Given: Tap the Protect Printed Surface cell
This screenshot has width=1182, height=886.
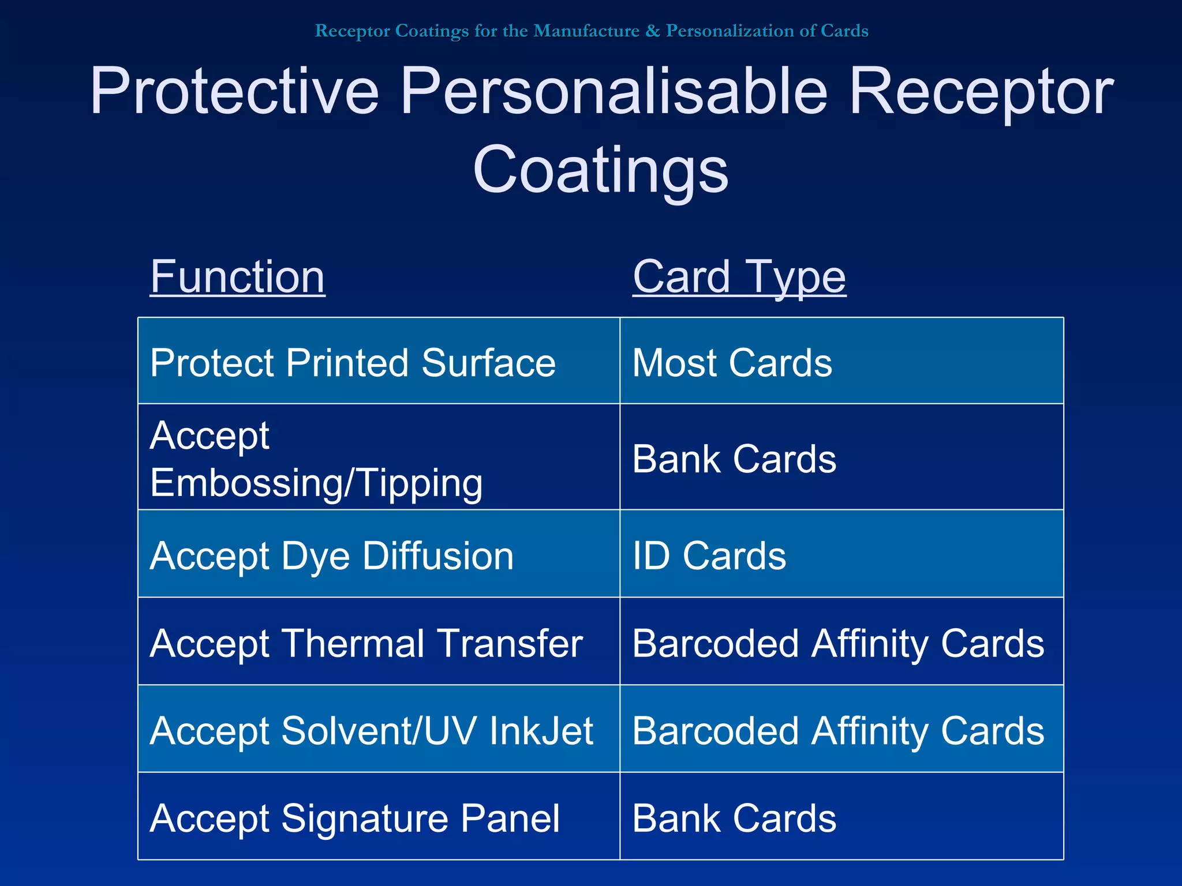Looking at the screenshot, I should pyautogui.click(x=353, y=363).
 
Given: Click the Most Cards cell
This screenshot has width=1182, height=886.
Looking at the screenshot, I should pyautogui.click(x=732, y=363).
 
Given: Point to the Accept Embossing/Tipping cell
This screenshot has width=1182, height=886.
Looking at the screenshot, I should pyautogui.click(x=316, y=459).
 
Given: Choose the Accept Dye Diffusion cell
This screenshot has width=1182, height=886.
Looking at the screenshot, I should pyautogui.click(x=332, y=556).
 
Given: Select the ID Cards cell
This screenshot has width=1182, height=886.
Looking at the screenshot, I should pyautogui.click(x=709, y=556).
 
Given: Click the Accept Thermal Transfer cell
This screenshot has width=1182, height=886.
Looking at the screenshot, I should pyautogui.click(x=366, y=643).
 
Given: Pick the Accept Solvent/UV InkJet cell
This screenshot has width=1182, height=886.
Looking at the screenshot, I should pyautogui.click(x=371, y=731).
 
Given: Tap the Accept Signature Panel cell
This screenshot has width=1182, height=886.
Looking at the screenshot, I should pyautogui.click(x=354, y=818).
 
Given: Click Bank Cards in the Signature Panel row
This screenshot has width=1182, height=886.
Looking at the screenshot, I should pyautogui.click(x=734, y=818).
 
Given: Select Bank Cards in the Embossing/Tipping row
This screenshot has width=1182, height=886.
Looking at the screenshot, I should pyautogui.click(x=734, y=459).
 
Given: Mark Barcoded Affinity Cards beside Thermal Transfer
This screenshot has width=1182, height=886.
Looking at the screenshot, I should pyautogui.click(x=838, y=643).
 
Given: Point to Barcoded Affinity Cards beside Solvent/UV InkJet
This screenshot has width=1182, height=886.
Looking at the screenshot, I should pyautogui.click(x=838, y=731).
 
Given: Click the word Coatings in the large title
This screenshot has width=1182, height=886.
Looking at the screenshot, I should pyautogui.click(x=600, y=170).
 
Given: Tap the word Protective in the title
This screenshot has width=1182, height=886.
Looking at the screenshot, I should pyautogui.click(x=234, y=91).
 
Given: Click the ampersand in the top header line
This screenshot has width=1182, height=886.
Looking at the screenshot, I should pyautogui.click(x=652, y=31).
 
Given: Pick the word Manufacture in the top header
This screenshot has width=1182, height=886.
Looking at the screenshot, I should pyautogui.click(x=586, y=31).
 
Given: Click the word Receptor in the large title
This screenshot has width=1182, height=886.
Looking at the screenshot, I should pyautogui.click(x=981, y=91).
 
